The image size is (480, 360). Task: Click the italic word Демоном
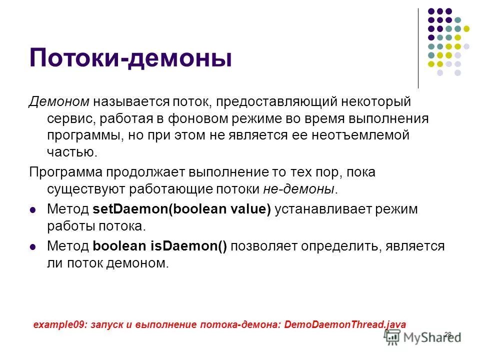point(58,102)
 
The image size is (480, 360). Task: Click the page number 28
point(447,334)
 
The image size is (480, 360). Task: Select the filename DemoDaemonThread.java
point(345,324)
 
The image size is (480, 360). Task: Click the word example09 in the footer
point(59,324)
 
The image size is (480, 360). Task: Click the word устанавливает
point(325,209)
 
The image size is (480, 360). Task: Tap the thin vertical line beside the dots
point(418,48)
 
